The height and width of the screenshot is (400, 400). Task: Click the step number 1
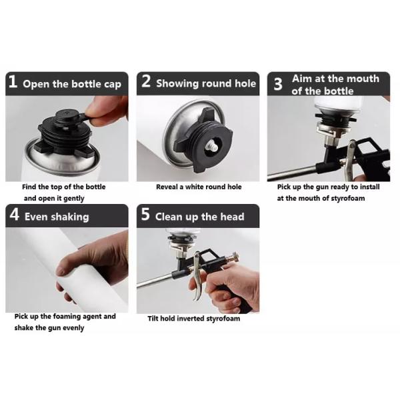pos(13,81)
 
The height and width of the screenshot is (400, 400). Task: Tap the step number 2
pos(146,81)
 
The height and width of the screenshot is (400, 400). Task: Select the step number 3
pos(278,84)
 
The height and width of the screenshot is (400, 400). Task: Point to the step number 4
pos(15,214)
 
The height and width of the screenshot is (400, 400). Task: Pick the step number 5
pos(145,214)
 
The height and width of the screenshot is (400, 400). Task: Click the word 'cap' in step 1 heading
pos(113,85)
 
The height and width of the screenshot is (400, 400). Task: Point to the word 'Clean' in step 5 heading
pos(169,217)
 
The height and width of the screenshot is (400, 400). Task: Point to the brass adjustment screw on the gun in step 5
pos(233,257)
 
